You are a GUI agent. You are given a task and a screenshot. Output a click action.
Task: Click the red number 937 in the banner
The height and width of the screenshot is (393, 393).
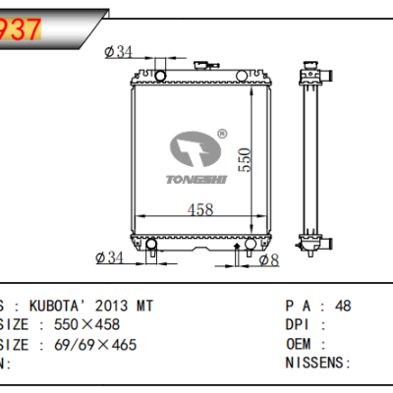coord(22,29)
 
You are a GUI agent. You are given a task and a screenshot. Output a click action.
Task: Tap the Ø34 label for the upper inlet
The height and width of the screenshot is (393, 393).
coord(118,51)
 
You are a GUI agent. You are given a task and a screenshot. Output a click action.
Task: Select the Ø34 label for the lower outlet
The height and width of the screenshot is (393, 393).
coord(110,258)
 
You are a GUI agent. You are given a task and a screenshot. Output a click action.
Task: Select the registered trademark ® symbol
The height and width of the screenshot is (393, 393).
coord(222,134)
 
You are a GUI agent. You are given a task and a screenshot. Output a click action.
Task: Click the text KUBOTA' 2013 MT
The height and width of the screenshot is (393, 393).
coord(85,307)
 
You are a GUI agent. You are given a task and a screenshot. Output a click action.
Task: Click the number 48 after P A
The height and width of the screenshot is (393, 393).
coord(343,307)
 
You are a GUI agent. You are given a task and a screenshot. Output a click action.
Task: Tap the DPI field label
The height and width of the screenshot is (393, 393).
coord(298,325)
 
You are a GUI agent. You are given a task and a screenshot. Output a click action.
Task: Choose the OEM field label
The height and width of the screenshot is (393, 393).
coord(299,345)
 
